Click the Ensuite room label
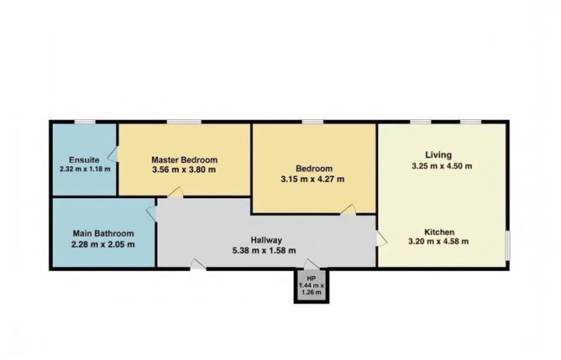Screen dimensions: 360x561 pos(85,159)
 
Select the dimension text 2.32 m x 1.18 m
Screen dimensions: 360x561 pos(86,169)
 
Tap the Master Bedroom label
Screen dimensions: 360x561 pos(184,159)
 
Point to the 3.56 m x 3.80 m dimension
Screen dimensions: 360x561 pos(184,170)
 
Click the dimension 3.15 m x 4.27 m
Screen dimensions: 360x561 pos(314,178)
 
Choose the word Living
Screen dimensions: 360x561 pos(438,154)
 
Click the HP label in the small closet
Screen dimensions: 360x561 pos(311,278)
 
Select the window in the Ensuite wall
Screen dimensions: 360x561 pos(84,122)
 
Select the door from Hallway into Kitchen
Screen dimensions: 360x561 pos(380,240)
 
